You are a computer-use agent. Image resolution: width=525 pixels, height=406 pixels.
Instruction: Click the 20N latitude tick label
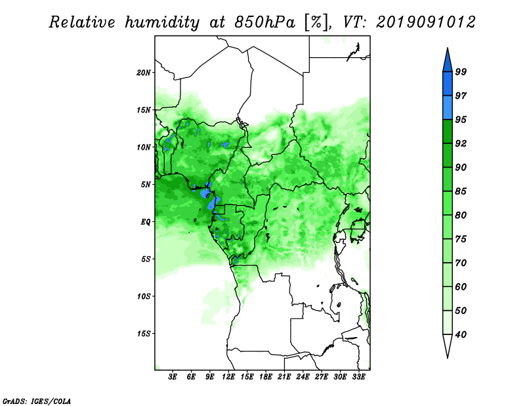[x=144, y=72]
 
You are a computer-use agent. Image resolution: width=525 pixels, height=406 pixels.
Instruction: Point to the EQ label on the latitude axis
[x=146, y=221]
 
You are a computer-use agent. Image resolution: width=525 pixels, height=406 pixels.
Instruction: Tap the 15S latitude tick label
[x=144, y=333]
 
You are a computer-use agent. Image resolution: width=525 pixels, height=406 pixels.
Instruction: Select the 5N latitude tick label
[x=146, y=185]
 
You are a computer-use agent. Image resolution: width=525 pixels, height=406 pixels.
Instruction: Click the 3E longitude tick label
[x=173, y=377]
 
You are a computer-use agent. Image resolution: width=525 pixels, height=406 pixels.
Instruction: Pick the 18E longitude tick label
[x=266, y=377]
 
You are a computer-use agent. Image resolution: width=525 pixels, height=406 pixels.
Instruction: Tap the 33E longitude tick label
[x=358, y=377]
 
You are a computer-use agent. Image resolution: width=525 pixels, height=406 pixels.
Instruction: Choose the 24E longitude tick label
[x=303, y=377]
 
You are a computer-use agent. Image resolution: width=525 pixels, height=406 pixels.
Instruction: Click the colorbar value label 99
[x=461, y=72]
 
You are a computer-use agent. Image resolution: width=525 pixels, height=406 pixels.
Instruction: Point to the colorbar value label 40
[x=461, y=334]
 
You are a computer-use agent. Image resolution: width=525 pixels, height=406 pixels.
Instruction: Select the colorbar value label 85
[x=461, y=191]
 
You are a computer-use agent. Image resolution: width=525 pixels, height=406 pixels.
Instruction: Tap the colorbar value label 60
[x=461, y=286]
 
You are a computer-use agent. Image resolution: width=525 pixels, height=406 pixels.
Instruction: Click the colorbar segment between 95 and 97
[x=448, y=108]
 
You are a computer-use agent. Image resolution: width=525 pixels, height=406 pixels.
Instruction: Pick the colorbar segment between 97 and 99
[x=448, y=84]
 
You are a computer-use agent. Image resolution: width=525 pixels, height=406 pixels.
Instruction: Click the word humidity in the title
[x=162, y=22]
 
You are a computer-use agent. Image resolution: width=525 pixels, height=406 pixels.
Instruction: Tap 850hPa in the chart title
[x=265, y=22]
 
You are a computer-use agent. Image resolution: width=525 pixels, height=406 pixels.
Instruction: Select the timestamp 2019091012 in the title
[x=425, y=22]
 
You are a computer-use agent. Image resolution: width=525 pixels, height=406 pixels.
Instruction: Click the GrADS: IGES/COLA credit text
[x=37, y=401]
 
